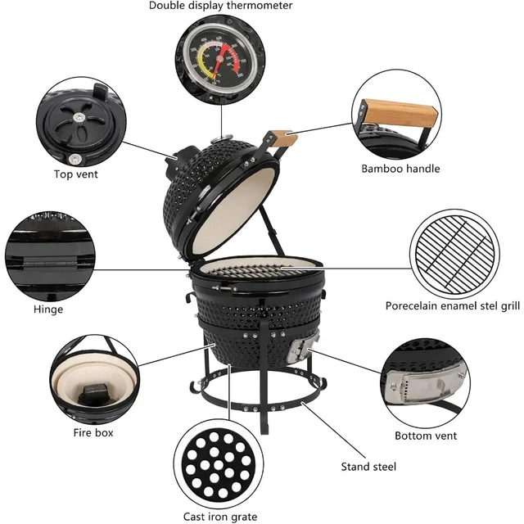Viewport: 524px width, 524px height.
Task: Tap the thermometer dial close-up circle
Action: [220, 55]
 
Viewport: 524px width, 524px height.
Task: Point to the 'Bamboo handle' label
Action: [400, 169]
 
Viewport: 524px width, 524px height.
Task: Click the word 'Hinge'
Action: [48, 309]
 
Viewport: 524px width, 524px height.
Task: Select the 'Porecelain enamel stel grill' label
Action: [453, 305]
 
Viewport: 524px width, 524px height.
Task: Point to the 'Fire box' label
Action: [91, 432]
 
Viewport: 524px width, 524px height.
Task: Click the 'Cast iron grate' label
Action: [219, 517]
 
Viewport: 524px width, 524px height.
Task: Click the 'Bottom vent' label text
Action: [426, 436]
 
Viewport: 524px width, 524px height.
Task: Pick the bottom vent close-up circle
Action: [426, 382]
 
